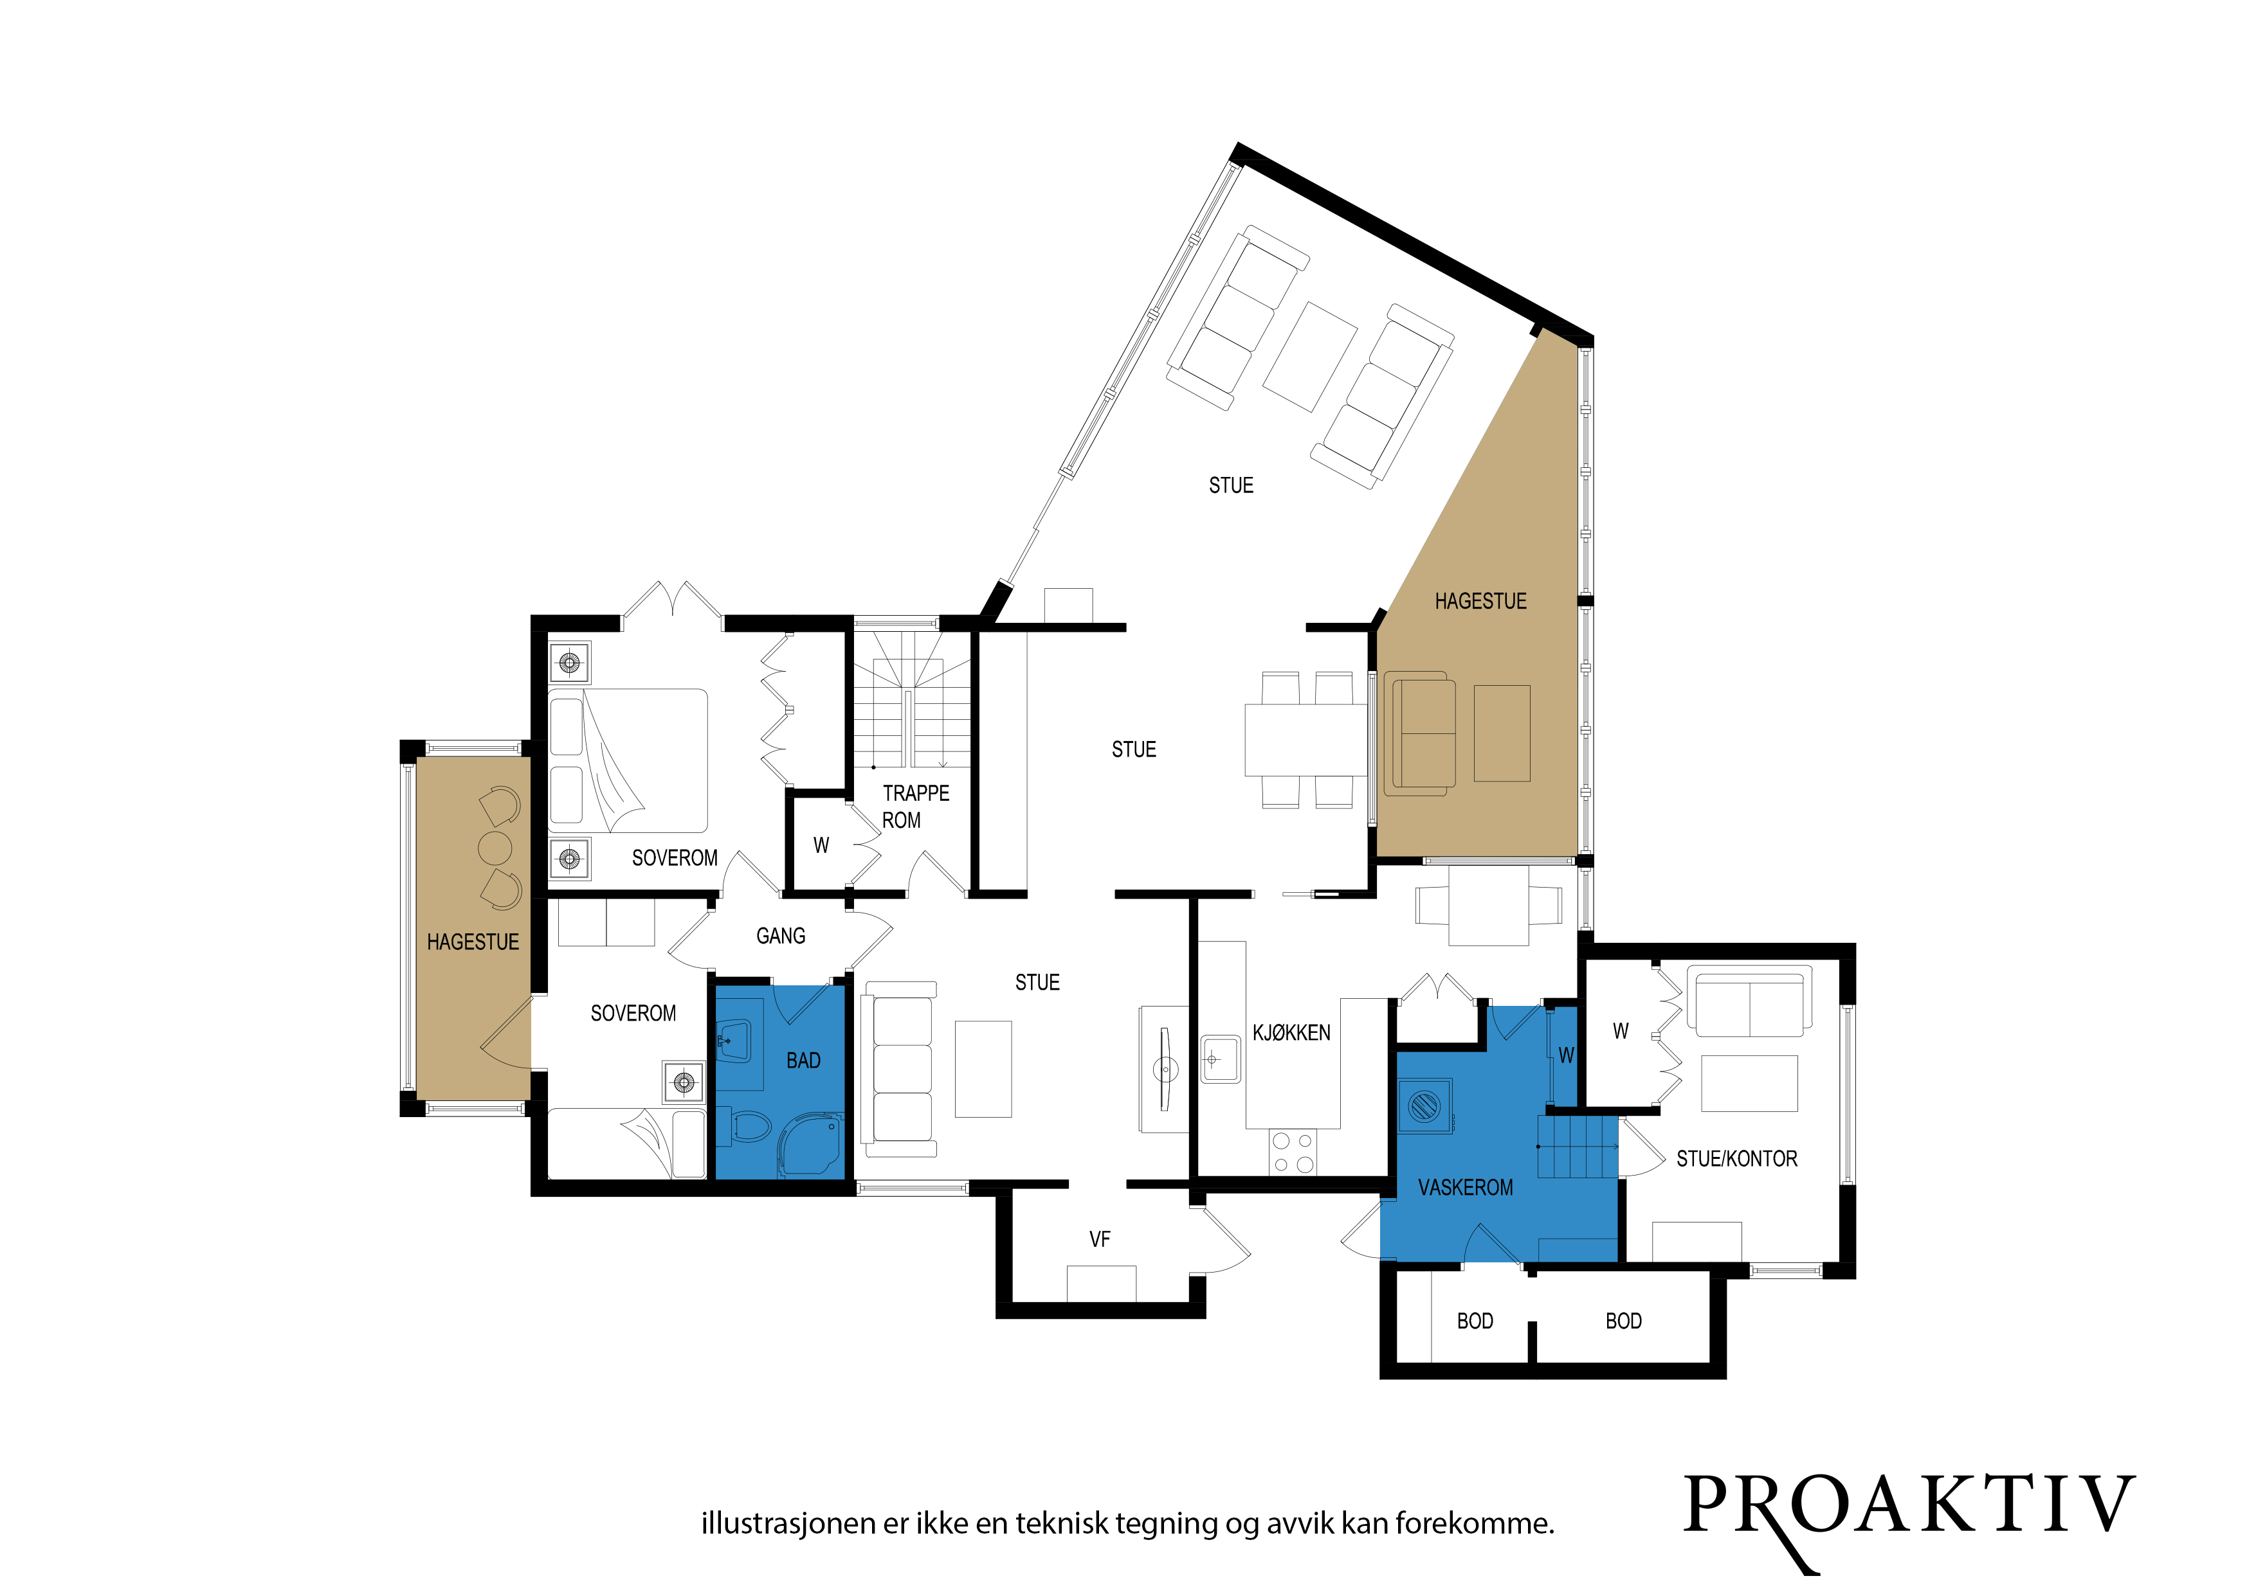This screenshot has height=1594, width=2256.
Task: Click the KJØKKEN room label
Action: click(x=1291, y=1032)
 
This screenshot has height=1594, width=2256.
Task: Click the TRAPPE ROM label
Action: click(x=914, y=807)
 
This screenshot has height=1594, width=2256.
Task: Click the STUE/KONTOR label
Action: click(x=1736, y=1159)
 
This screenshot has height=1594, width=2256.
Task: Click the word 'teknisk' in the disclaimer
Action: click(x=1061, y=1523)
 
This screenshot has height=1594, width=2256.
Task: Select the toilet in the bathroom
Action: click(x=746, y=1127)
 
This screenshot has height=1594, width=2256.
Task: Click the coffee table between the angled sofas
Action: click(x=1310, y=357)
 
